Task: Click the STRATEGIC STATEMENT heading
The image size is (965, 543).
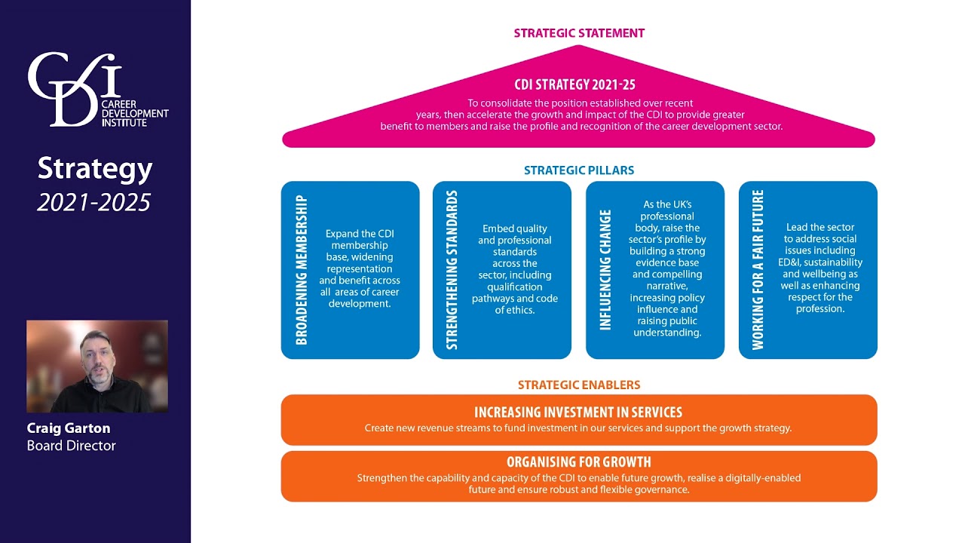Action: [579, 33]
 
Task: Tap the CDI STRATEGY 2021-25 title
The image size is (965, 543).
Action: [574, 84]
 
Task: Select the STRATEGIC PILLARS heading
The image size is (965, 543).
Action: [579, 170]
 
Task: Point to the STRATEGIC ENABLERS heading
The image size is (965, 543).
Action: [579, 385]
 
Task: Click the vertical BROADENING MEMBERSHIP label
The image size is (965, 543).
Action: [302, 270]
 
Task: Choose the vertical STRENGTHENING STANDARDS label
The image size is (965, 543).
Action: [452, 270]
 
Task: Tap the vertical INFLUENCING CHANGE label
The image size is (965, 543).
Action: [605, 270]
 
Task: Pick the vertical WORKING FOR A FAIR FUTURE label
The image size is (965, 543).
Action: [758, 270]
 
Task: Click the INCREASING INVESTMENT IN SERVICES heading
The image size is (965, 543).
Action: [578, 413]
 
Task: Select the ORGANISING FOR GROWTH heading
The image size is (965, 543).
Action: [578, 462]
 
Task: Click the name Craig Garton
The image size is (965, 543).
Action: [69, 428]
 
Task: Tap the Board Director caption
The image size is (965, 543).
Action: [71, 446]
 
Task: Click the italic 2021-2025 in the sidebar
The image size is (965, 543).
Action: [94, 202]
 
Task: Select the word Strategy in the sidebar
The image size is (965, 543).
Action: [95, 168]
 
